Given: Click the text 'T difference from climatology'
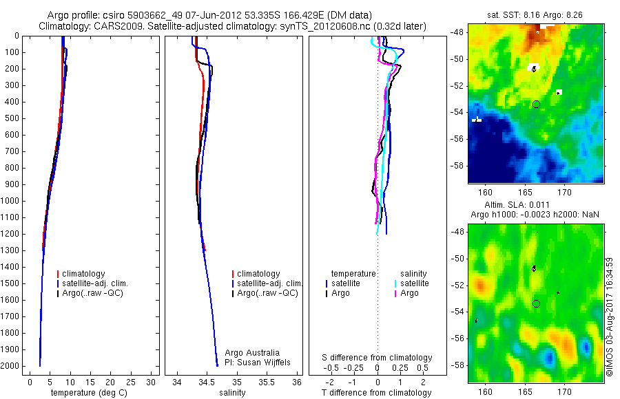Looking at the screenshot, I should [376, 393].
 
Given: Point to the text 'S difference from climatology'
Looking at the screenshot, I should [378, 358].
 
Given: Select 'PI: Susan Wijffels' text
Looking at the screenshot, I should [258, 362].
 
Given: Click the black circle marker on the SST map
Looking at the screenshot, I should [536, 104].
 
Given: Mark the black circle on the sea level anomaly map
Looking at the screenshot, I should [536, 303].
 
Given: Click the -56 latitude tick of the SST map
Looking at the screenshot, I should [457, 139].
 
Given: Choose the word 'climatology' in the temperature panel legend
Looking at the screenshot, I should [86, 274].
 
